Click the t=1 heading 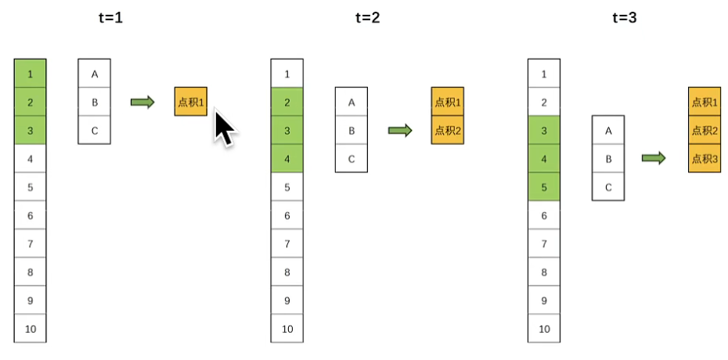point(109,17)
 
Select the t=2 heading point(366,17)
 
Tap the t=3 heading point(624,17)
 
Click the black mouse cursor point(224,128)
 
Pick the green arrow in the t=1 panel point(142,103)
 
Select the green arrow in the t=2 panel point(400,131)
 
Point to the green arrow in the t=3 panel point(654,159)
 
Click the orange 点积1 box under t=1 point(190,102)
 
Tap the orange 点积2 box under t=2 point(447,130)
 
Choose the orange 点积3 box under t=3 point(705,158)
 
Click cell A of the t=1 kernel point(95,74)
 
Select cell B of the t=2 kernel point(351,130)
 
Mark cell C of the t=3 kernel point(608,187)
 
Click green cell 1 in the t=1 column point(31,74)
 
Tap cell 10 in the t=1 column point(31,329)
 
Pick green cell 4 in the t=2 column point(287,159)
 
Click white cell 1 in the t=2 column point(287,74)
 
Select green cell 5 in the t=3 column point(544,187)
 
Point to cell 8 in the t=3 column point(544,272)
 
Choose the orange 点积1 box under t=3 point(705,102)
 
